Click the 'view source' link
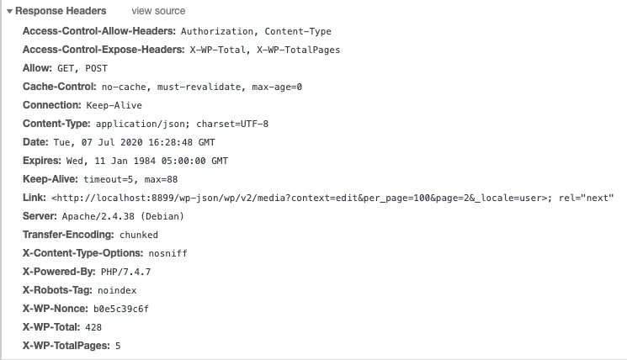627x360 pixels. coord(158,11)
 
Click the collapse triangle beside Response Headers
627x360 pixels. coord(9,12)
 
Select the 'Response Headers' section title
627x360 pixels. coord(61,11)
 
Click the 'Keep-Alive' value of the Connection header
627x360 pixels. coord(114,105)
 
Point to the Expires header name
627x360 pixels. coord(42,161)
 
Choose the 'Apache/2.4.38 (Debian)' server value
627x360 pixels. coord(123,216)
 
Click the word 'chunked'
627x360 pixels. coord(139,235)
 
